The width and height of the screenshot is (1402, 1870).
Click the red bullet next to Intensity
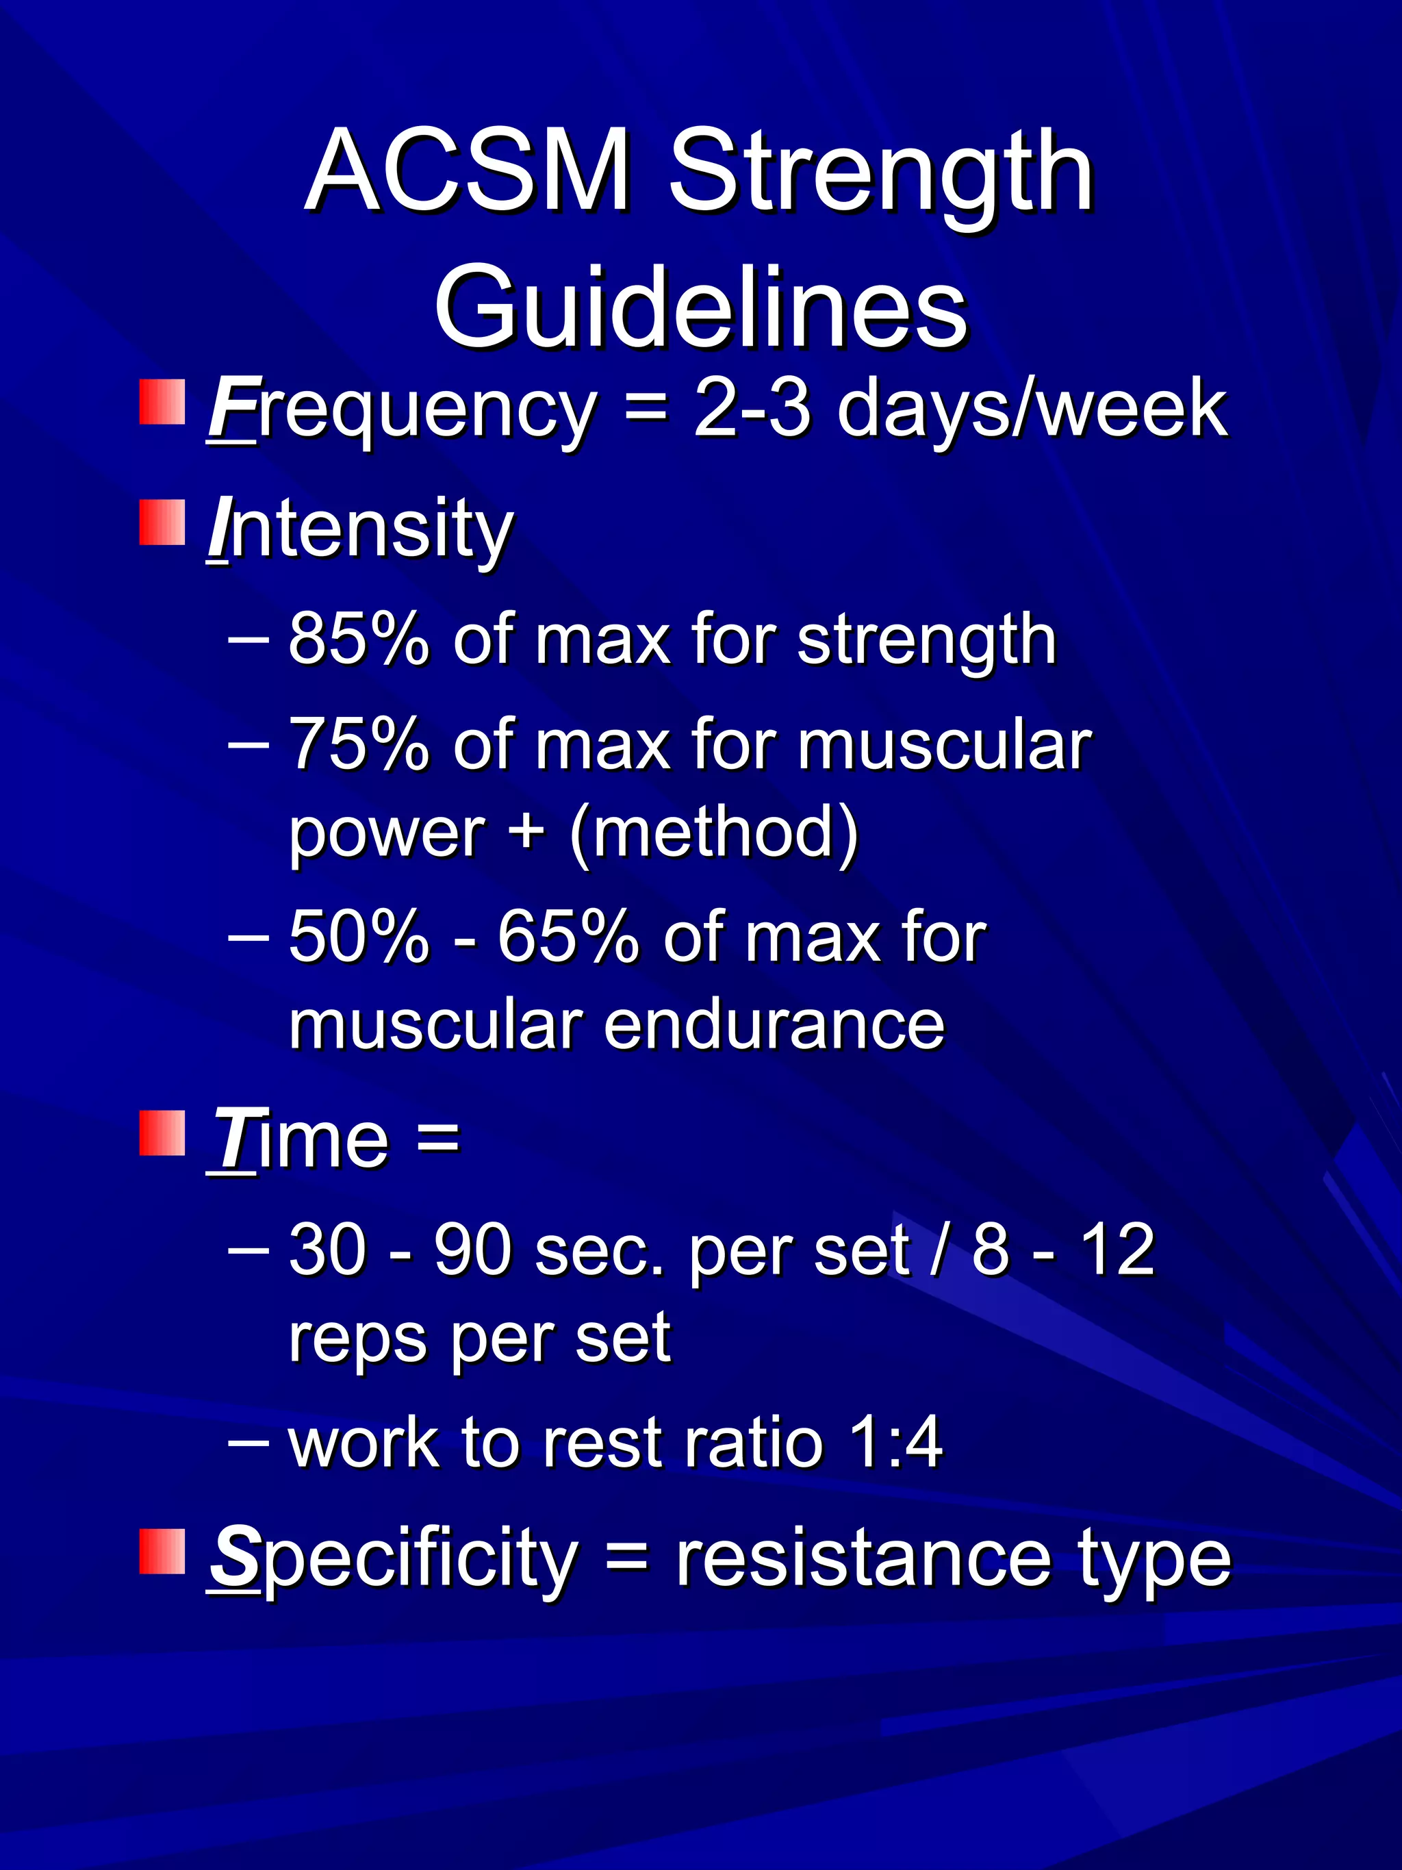point(162,522)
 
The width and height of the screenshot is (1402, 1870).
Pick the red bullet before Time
point(162,1133)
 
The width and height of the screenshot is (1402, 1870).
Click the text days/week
point(1031,409)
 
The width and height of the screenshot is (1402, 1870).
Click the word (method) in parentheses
point(714,833)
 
